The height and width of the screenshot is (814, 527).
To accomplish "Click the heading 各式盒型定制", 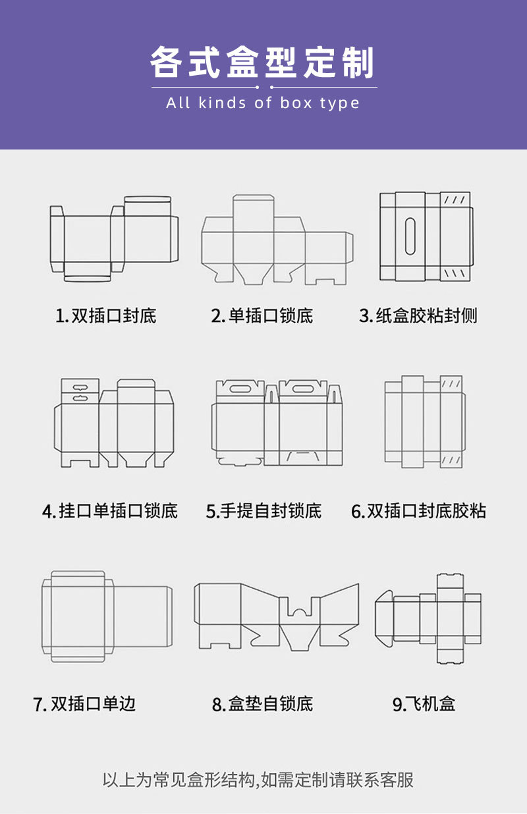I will tap(263, 63).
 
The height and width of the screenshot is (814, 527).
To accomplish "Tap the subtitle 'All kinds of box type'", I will tap(263, 103).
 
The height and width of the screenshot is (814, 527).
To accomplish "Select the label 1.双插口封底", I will tap(105, 316).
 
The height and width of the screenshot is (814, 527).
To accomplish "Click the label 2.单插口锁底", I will tap(262, 316).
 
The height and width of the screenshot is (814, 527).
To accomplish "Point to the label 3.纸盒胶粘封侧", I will tap(418, 316).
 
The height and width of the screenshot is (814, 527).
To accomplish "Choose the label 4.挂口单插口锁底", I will tap(110, 510).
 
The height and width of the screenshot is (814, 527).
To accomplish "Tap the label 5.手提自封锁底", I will tap(263, 510).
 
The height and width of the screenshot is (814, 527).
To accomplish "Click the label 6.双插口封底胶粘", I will tap(419, 510).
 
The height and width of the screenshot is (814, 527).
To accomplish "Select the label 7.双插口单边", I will tap(84, 703).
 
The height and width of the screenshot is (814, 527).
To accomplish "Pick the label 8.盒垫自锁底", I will tap(262, 704).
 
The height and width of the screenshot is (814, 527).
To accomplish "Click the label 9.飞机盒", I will tap(424, 704).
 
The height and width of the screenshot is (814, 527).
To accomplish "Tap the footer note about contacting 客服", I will tap(258, 780).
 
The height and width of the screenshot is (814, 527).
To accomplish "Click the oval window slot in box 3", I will tap(410, 235).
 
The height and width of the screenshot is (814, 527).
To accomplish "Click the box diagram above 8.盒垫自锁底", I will tap(277, 616).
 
